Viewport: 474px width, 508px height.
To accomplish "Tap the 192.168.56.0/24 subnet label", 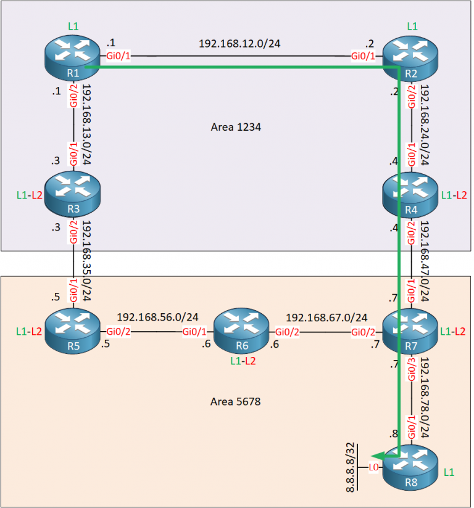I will [x=157, y=317].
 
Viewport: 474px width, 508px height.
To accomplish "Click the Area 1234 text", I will [x=235, y=127].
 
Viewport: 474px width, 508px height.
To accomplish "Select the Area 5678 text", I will [x=235, y=401].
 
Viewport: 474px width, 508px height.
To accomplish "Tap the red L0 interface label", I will [x=373, y=468].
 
